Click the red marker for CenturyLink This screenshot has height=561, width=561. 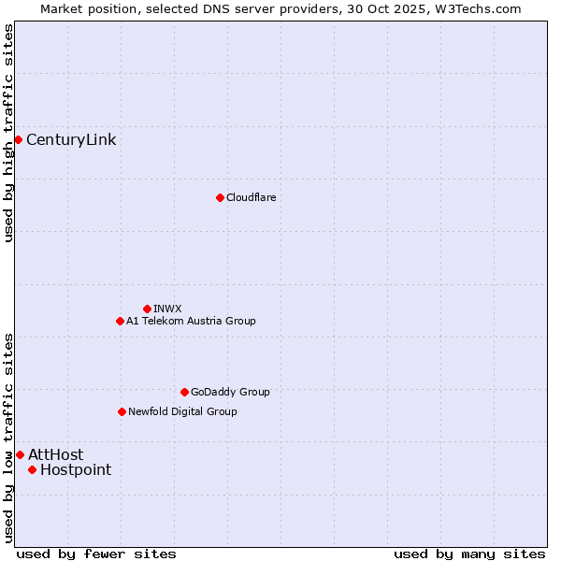coord(18,139)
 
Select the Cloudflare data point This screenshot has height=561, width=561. coord(220,197)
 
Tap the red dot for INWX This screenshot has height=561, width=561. coord(147,309)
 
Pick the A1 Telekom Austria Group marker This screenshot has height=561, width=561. coord(120,321)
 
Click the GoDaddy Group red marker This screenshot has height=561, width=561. coord(184,392)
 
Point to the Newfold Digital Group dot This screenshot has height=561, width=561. coord(122,411)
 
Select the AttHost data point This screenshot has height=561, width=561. coord(20,454)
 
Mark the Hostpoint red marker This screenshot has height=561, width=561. coord(32,469)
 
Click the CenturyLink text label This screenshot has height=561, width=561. coord(71,140)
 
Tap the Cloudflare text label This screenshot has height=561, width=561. coord(251,197)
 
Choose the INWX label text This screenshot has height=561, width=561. coord(167,309)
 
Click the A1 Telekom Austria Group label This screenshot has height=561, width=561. coord(191,321)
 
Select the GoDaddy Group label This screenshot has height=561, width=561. coord(230,392)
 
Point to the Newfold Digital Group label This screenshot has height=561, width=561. coord(182,411)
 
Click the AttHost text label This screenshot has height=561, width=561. coord(55,455)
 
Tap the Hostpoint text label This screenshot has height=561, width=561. coord(76,470)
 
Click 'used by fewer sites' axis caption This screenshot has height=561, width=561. coord(96,554)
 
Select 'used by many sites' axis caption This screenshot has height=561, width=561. coord(469,554)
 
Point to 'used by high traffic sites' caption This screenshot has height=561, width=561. coord(8,133)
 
